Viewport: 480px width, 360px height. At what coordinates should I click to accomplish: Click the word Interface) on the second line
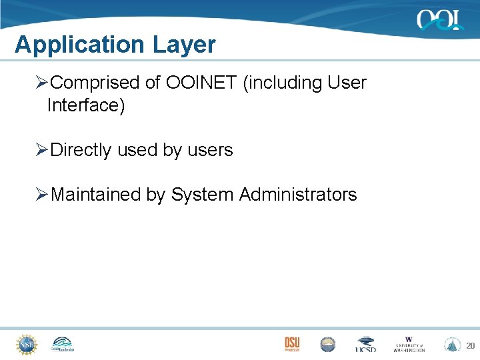pos(86,105)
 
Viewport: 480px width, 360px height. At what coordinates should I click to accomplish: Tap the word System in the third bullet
pos(203,195)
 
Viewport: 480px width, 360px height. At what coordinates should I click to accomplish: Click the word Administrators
pos(298,195)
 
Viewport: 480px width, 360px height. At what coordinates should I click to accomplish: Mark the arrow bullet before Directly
pos(42,150)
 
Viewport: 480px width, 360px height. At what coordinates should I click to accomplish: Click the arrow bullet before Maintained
pos(42,195)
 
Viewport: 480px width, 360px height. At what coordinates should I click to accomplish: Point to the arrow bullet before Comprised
pos(42,83)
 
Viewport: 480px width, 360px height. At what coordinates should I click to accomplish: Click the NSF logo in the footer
pos(27,344)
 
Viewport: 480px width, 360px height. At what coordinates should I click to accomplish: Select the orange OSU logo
pos(292,344)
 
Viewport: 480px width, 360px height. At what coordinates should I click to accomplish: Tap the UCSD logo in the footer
pos(366,345)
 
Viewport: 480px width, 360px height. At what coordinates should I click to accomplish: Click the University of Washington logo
pos(409,344)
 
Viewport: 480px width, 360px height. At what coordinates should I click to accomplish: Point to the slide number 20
pos(470,346)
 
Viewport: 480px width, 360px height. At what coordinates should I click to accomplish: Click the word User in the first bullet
pos(347,83)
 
